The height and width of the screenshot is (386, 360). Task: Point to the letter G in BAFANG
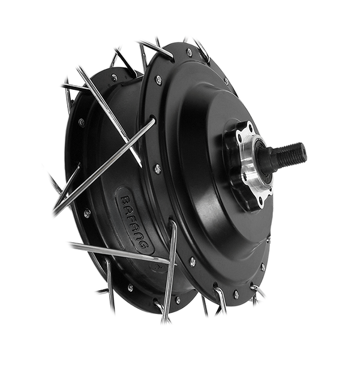[143, 244]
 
